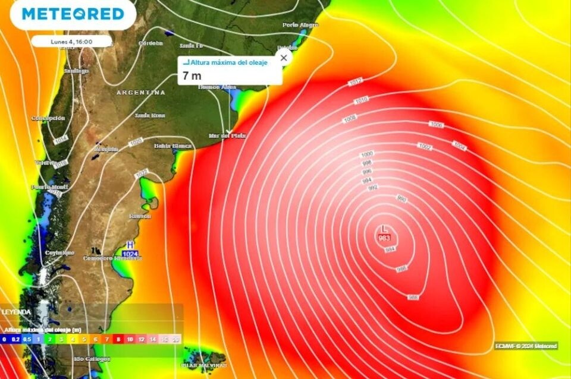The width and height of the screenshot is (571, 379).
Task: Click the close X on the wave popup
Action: [x=284, y=58]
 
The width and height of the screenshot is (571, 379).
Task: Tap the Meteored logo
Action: [x=73, y=14]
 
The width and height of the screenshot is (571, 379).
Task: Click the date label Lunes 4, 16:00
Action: [x=71, y=42]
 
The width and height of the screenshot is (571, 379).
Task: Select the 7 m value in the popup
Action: [x=192, y=75]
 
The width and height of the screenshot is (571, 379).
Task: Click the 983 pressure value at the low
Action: [x=384, y=238]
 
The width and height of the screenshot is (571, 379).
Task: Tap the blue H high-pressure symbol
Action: [x=130, y=245]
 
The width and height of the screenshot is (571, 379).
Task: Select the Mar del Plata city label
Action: [x=227, y=136]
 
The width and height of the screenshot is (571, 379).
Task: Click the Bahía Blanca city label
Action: [x=173, y=146]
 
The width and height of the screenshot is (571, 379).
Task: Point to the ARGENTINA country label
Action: [x=141, y=93]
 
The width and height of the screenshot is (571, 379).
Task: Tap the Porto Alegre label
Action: [x=300, y=25]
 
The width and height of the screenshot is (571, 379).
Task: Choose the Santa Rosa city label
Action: [x=150, y=115]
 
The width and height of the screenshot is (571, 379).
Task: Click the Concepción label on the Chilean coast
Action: [x=48, y=118]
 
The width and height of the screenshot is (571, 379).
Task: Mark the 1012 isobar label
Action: [x=356, y=82]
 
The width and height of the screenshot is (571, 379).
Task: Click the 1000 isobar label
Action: [x=367, y=154]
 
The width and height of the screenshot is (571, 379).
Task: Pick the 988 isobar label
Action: [x=412, y=296]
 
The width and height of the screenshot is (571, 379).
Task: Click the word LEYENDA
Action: [x=15, y=312]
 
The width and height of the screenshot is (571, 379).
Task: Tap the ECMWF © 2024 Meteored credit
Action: [x=526, y=346]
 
